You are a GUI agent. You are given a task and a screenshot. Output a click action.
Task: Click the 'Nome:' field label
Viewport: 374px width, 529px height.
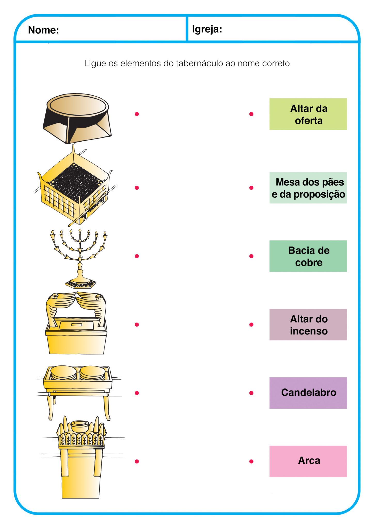(43, 30)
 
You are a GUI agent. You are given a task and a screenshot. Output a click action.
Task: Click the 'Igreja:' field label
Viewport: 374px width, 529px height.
(207, 29)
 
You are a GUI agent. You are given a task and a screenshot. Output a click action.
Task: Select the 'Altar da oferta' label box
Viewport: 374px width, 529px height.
(308, 114)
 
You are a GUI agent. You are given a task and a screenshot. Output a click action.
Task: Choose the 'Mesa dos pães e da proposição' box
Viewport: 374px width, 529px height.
(308, 188)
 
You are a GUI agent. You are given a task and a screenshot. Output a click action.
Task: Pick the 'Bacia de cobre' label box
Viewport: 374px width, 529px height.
(308, 256)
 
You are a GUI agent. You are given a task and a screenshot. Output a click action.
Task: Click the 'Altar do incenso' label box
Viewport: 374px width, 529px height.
(308, 325)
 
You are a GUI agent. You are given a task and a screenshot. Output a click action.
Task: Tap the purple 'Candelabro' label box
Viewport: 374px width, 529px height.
(308, 393)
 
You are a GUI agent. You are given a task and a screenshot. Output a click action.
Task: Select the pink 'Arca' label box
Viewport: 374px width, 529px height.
(308, 462)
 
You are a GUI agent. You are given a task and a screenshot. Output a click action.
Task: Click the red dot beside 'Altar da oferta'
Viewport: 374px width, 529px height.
(251, 114)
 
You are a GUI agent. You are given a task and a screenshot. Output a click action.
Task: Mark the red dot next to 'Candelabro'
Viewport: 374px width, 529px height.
(251, 393)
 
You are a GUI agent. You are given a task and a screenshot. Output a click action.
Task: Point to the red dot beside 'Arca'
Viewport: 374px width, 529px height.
(251, 462)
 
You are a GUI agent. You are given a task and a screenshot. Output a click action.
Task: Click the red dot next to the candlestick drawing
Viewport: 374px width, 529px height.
(137, 256)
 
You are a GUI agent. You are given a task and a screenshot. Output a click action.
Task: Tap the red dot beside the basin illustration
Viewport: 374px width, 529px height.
(137, 114)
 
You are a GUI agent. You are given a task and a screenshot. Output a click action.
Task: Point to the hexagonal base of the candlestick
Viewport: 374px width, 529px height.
(80, 284)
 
